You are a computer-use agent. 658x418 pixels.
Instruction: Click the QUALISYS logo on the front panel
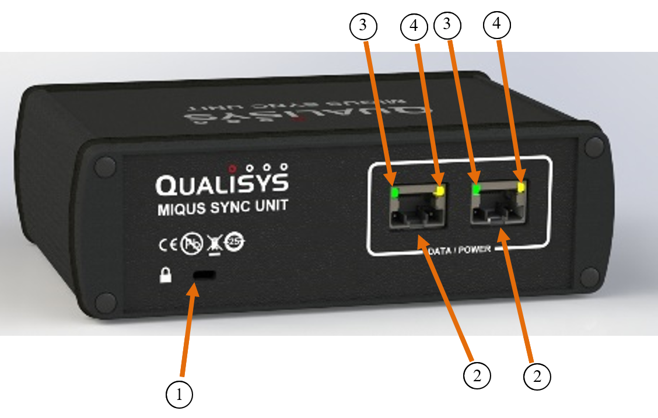pos(222,184)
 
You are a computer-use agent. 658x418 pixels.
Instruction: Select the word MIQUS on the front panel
pos(179,209)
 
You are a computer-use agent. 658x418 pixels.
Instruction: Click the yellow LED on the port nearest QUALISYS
pos(440,191)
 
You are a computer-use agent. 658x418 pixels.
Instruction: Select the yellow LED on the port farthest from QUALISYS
pos(520,188)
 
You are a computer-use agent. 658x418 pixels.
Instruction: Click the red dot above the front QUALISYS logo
pos(232,166)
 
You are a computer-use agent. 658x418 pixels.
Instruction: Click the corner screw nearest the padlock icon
pos(106,302)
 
